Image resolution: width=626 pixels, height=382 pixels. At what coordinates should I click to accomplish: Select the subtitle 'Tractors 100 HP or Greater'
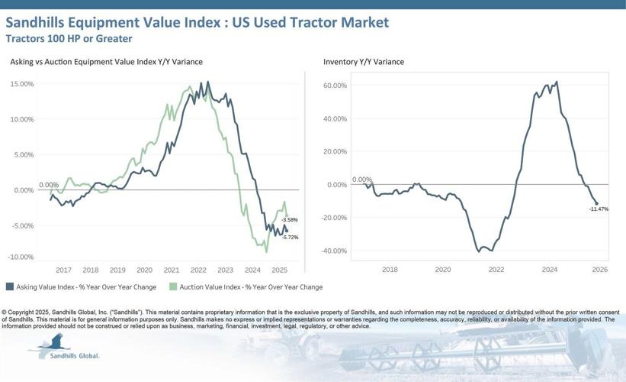tap(69, 38)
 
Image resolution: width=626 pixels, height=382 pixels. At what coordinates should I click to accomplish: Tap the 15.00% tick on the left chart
tap(21, 84)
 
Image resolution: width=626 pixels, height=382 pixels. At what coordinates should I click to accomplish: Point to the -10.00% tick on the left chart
tap(21, 257)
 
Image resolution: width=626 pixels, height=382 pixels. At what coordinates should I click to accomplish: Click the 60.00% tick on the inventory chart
tap(335, 86)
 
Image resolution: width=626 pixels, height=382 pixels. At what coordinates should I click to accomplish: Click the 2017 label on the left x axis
tap(63, 270)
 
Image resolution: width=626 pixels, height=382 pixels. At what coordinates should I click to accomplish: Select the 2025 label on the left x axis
tap(279, 270)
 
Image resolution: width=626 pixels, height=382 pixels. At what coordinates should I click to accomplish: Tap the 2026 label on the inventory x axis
tap(599, 270)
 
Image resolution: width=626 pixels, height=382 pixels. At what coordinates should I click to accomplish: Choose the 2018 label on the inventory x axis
tap(390, 270)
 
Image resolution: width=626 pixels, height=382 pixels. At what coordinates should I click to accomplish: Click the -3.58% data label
tap(289, 220)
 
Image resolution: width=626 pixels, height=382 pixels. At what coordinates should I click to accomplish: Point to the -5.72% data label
tap(289, 237)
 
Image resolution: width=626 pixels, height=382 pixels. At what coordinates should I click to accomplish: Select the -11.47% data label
tap(599, 209)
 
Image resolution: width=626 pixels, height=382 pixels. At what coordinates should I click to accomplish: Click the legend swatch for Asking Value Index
tap(10, 287)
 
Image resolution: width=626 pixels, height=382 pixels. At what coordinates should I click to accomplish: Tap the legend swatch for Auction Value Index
tap(173, 287)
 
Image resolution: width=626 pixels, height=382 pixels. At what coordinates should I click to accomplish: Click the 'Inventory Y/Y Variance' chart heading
tap(364, 61)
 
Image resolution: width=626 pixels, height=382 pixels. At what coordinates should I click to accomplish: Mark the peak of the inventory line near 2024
tap(557, 82)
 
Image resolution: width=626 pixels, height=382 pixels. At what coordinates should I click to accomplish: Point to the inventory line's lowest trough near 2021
tap(480, 251)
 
